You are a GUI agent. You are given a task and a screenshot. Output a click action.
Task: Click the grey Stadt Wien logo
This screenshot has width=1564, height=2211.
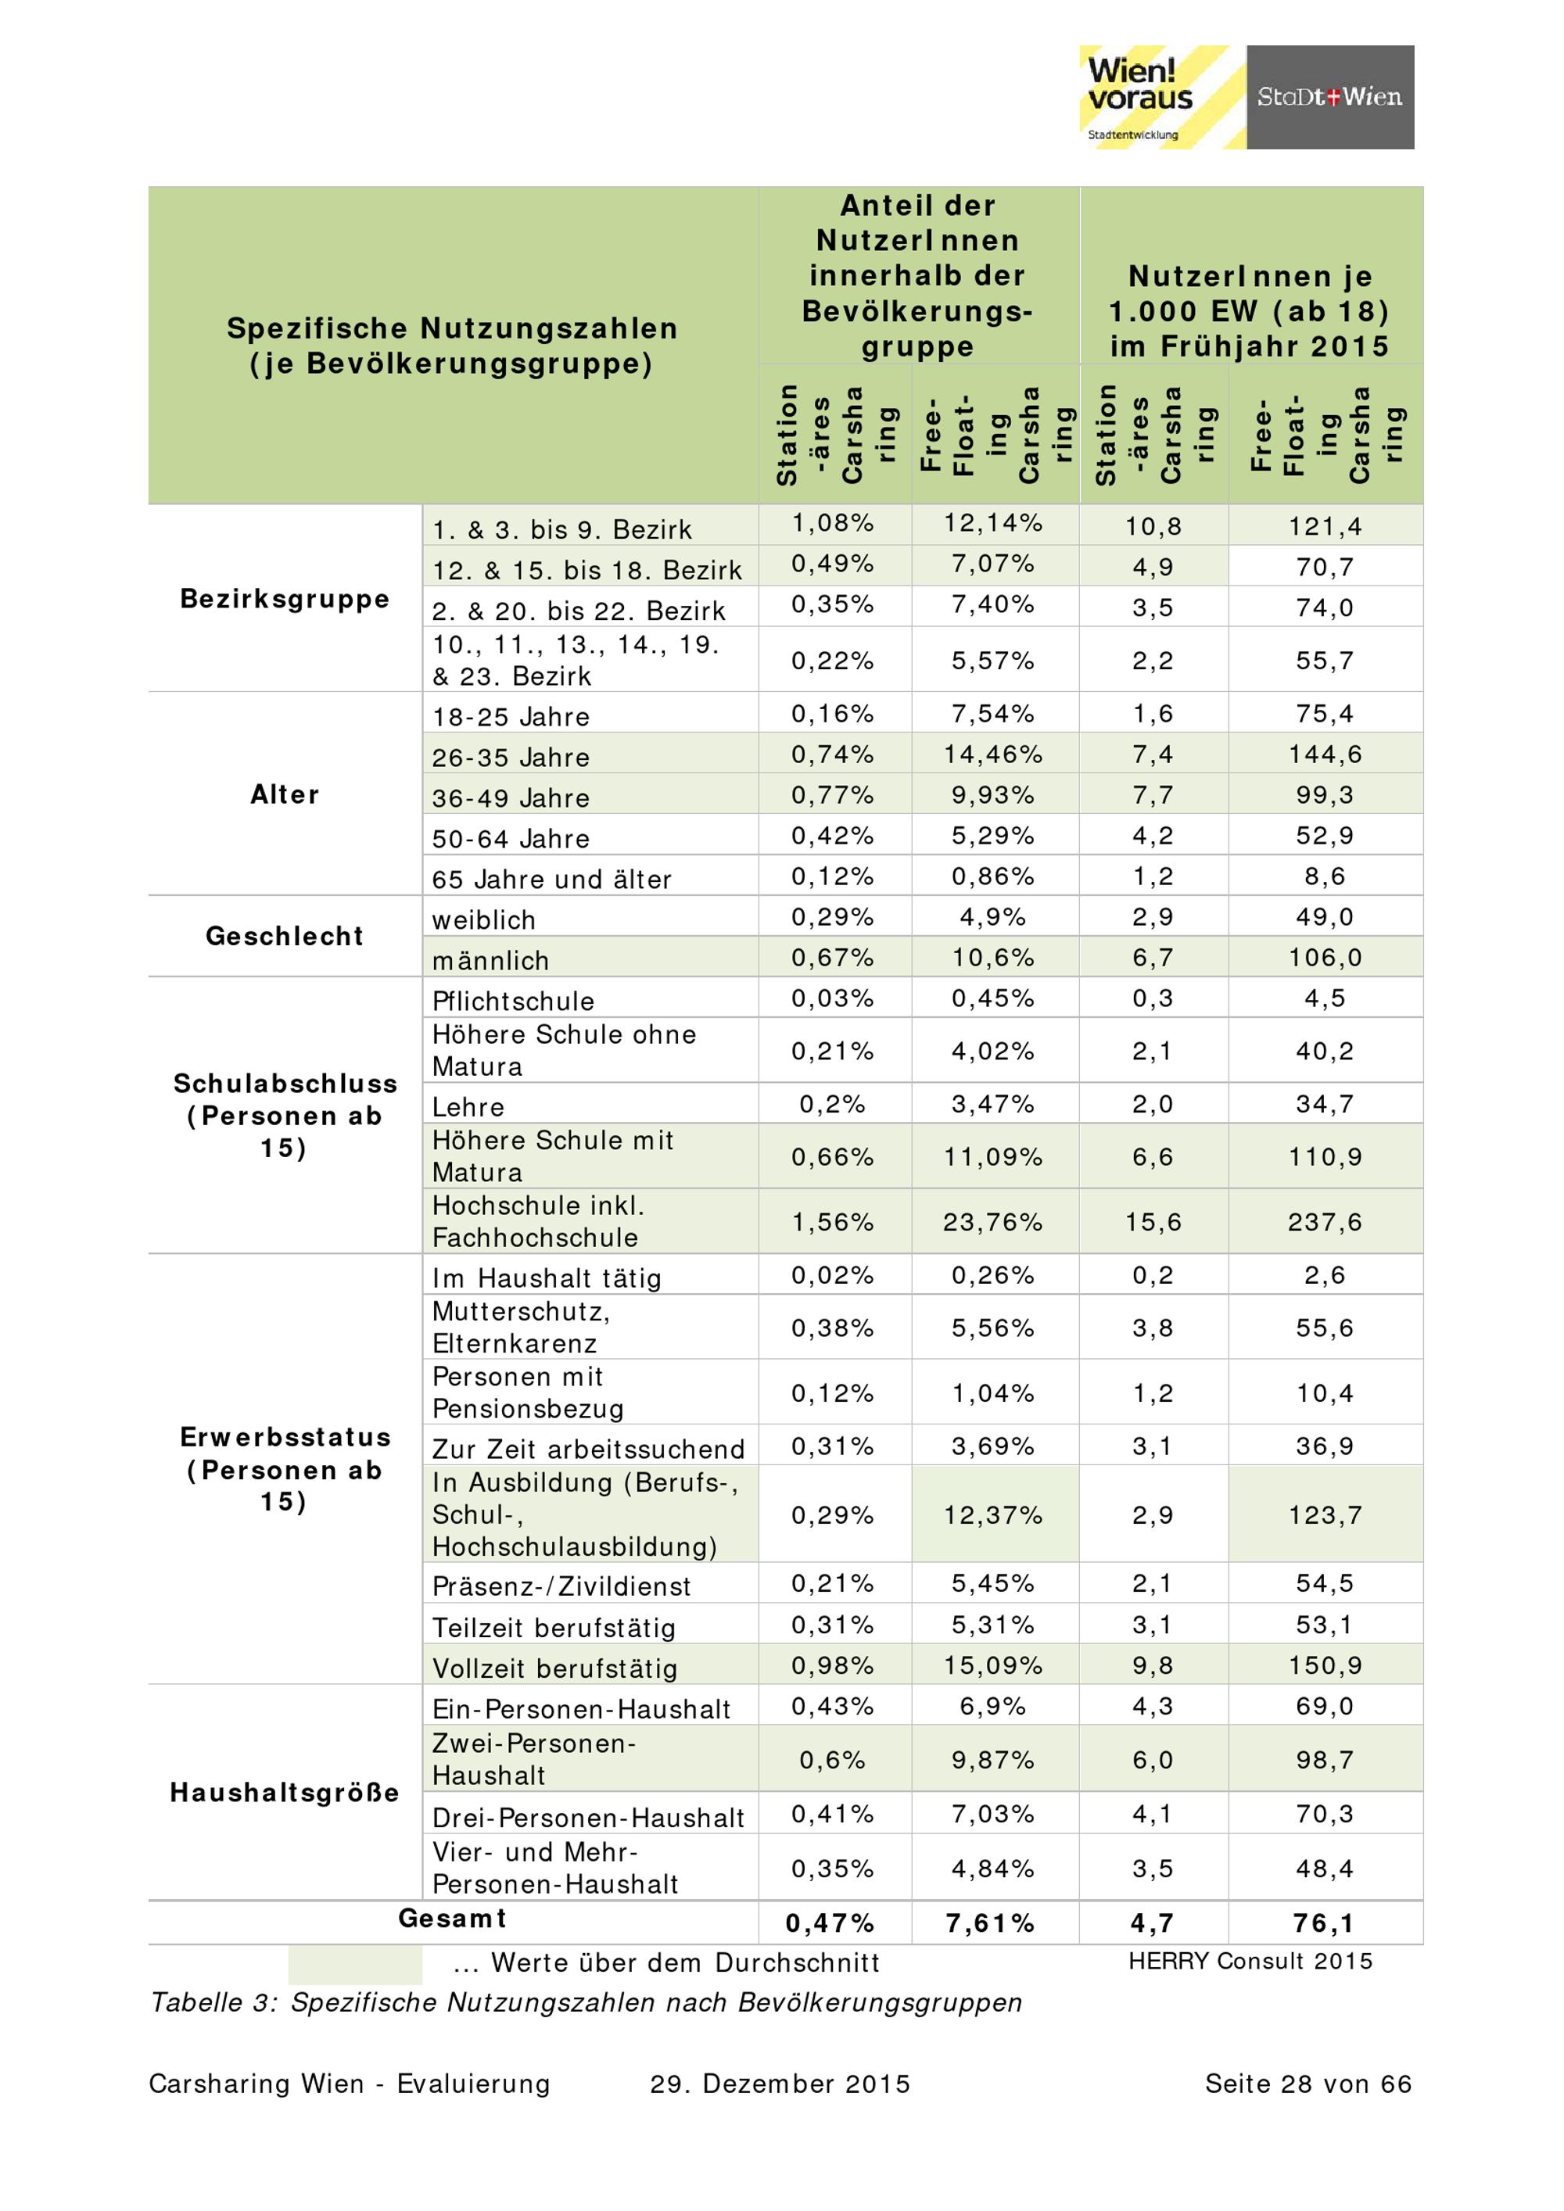(x=1329, y=96)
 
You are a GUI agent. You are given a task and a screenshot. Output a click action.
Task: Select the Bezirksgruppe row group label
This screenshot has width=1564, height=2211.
(x=285, y=599)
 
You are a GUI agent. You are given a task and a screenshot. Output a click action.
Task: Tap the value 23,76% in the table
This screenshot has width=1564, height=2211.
(x=993, y=1222)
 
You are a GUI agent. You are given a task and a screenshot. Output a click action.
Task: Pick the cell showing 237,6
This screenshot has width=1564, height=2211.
(x=1325, y=1222)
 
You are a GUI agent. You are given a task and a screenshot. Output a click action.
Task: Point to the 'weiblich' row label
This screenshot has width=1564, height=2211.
(x=483, y=919)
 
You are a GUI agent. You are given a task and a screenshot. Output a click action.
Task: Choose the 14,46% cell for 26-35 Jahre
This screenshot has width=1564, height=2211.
(x=993, y=754)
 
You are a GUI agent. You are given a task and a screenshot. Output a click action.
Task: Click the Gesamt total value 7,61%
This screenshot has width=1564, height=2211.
(x=990, y=1923)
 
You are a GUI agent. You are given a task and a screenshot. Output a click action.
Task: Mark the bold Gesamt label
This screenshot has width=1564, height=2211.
(x=453, y=1919)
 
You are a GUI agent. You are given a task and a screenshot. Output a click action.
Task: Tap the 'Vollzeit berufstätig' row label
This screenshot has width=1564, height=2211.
(x=554, y=1668)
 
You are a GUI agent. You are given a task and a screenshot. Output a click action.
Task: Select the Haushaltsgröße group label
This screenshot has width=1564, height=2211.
(x=285, y=1792)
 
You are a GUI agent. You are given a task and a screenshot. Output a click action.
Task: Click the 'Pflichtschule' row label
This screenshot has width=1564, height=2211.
(x=513, y=1001)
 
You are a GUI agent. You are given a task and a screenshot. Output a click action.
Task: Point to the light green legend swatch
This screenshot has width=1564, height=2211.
(x=354, y=1962)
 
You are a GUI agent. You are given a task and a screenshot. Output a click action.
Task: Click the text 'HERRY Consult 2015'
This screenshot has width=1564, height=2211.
(x=1250, y=1962)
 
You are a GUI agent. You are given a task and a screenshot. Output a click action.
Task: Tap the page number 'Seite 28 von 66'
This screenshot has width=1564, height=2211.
(x=1308, y=2084)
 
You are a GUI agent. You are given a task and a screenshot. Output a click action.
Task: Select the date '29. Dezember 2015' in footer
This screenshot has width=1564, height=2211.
(x=780, y=2084)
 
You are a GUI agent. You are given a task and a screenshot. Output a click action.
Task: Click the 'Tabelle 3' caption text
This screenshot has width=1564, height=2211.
(x=586, y=2002)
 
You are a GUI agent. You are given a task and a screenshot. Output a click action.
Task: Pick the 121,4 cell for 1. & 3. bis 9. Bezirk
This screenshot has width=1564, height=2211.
(x=1325, y=526)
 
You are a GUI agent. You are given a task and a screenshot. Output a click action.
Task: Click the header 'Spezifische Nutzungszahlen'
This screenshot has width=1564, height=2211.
(x=453, y=328)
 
